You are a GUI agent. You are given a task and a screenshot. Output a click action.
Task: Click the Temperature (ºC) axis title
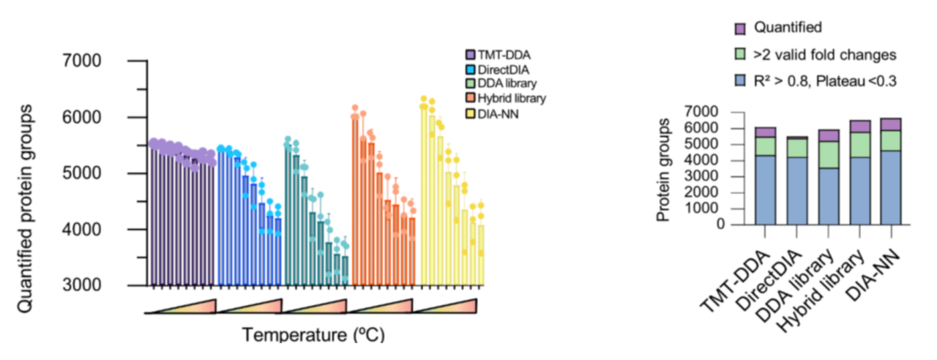click(x=313, y=336)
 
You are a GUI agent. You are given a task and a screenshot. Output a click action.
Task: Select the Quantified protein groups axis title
click(x=26, y=209)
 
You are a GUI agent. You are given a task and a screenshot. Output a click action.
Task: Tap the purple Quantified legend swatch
click(x=740, y=29)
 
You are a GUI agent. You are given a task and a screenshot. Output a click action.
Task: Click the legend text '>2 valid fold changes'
click(x=825, y=55)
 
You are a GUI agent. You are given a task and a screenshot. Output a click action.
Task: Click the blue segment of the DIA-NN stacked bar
click(x=891, y=187)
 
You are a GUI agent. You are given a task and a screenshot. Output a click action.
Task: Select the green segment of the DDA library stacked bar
click(x=828, y=155)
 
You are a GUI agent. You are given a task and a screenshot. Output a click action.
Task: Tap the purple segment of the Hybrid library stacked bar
click(x=859, y=127)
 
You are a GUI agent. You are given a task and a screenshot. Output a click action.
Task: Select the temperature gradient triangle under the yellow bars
click(x=447, y=306)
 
